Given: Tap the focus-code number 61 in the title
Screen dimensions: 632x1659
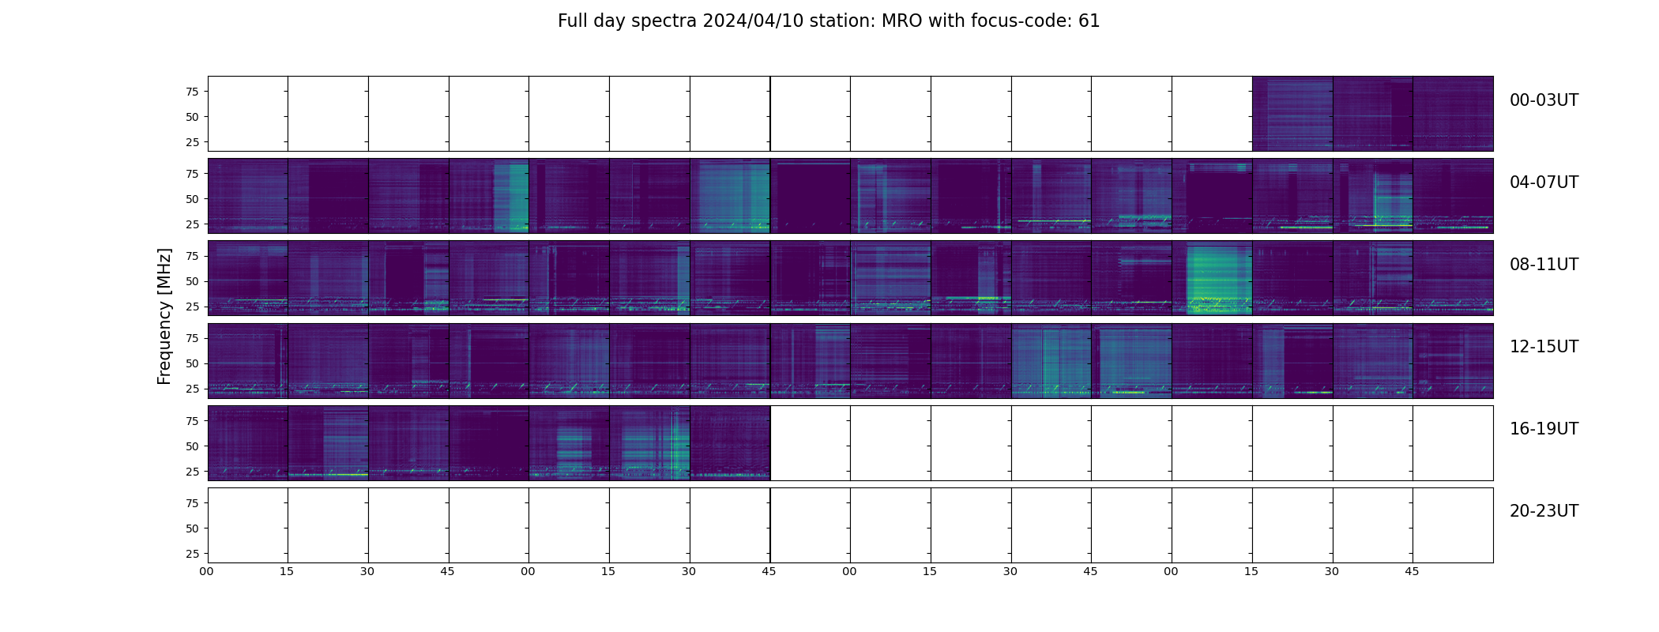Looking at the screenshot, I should click(1089, 21).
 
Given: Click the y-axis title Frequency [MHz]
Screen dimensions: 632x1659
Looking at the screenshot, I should click(164, 316).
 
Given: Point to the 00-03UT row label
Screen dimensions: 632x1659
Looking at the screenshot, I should click(1544, 100).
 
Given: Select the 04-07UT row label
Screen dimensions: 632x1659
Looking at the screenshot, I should click(1544, 182).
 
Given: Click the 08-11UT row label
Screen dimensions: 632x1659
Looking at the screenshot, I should click(1544, 265).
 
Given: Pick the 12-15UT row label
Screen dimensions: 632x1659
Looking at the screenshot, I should click(1544, 347).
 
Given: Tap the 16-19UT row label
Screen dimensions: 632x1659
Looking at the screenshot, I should click(1544, 429).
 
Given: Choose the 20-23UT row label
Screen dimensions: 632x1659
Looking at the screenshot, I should click(1544, 511).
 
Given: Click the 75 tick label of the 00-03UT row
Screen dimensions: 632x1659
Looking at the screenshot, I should click(191, 92).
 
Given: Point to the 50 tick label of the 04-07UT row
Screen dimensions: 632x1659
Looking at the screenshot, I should click(191, 199).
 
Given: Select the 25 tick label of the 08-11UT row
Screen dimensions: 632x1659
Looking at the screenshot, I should click(191, 307).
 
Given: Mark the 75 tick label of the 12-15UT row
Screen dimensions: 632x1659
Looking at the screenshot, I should click(191, 338).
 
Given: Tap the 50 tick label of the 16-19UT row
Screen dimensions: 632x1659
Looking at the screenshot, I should click(191, 446).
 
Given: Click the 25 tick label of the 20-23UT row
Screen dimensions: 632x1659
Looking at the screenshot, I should click(191, 554).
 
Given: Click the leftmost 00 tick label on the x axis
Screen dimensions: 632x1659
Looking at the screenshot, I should click(207, 571).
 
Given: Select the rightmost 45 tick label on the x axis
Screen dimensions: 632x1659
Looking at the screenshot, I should click(1412, 571).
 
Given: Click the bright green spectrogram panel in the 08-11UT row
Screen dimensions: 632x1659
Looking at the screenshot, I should click(1212, 278).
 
